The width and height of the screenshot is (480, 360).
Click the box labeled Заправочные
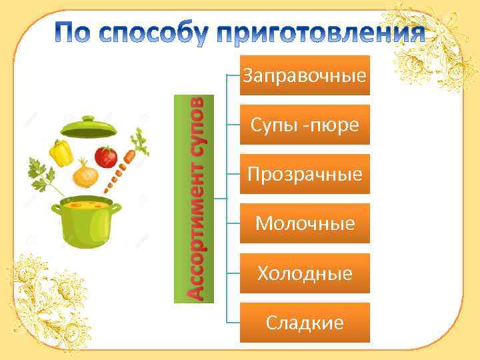[x=305, y=75]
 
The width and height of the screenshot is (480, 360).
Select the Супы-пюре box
[x=305, y=125]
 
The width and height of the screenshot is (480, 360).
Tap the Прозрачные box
[x=305, y=175]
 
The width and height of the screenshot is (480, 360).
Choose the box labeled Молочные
[x=305, y=223]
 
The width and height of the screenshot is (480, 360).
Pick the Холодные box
[x=305, y=273]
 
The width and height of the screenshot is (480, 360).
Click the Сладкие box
[x=305, y=323]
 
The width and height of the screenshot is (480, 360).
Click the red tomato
[x=105, y=157]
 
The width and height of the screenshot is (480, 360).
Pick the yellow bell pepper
[x=63, y=153]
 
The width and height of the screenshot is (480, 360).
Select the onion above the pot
[x=86, y=175]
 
